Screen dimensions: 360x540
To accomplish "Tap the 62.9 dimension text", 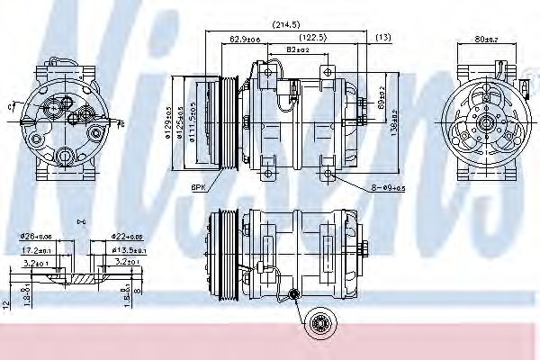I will (245, 40).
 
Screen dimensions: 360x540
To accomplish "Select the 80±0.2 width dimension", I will (487, 40).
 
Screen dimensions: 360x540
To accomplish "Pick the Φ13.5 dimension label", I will (129, 250).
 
